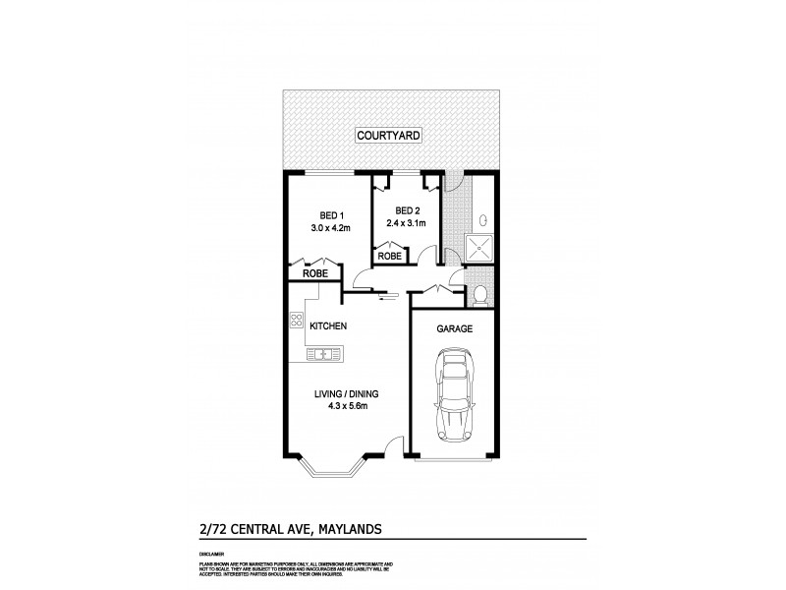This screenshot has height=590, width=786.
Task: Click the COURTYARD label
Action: tap(390, 136)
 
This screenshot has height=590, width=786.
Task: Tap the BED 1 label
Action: tap(330, 216)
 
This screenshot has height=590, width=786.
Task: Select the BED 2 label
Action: tap(408, 210)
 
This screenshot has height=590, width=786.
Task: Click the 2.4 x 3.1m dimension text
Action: tap(408, 223)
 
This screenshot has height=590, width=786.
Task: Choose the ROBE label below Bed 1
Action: tap(314, 275)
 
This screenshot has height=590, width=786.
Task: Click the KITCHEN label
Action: tap(327, 325)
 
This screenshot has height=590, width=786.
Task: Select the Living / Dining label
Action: tap(346, 393)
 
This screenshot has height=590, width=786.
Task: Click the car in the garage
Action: tap(455, 399)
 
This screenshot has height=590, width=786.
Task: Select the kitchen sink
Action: tap(321, 354)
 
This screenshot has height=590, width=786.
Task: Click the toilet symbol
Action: tap(479, 293)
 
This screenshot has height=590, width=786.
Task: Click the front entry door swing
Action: tap(395, 446)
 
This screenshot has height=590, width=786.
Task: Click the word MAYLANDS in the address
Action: tap(346, 530)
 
